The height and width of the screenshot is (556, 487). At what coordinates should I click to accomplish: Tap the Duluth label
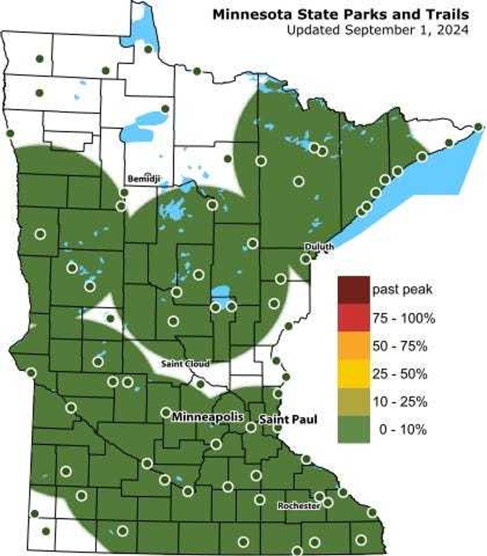pyautogui.click(x=320, y=247)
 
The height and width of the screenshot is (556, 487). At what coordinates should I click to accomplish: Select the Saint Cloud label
pyautogui.click(x=185, y=364)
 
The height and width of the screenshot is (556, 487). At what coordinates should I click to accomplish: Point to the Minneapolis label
pyautogui.click(x=207, y=417)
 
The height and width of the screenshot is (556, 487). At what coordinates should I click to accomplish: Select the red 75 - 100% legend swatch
pyautogui.click(x=353, y=318)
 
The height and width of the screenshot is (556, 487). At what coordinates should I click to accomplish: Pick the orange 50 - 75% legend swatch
pyautogui.click(x=353, y=346)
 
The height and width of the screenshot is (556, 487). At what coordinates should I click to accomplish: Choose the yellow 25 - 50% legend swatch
pyautogui.click(x=353, y=374)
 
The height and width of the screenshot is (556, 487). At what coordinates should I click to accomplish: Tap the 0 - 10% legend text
pyautogui.click(x=402, y=430)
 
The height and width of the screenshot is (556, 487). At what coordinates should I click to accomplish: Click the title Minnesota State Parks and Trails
pyautogui.click(x=340, y=14)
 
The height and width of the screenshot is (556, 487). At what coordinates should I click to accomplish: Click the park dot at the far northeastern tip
pyautogui.click(x=478, y=127)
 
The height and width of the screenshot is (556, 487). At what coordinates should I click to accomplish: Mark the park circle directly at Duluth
pyautogui.click(x=306, y=259)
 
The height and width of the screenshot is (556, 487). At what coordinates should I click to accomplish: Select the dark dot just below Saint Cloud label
pyautogui.click(x=200, y=384)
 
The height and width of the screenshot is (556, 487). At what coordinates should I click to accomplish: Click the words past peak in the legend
pyautogui.click(x=403, y=290)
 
